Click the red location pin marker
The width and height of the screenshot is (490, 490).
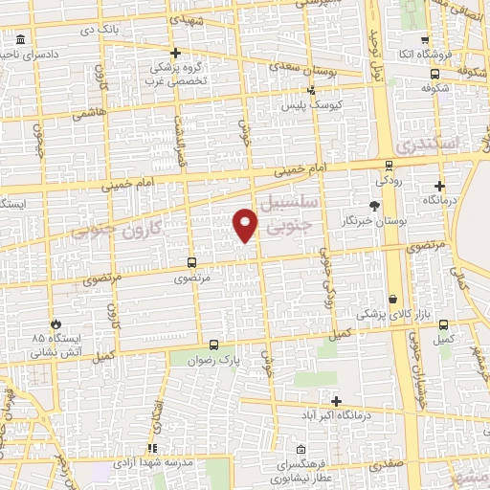(246, 224)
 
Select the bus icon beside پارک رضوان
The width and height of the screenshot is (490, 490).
(212, 345)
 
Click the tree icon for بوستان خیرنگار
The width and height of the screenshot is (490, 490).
(373, 206)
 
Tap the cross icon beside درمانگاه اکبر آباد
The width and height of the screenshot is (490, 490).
(335, 401)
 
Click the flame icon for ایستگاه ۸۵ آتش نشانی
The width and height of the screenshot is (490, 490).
(57, 323)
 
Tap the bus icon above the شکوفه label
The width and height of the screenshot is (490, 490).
(435, 73)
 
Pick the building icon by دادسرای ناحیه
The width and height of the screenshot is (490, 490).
(22, 40)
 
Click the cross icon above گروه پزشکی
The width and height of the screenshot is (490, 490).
(175, 53)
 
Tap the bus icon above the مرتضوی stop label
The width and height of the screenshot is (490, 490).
(191, 261)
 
